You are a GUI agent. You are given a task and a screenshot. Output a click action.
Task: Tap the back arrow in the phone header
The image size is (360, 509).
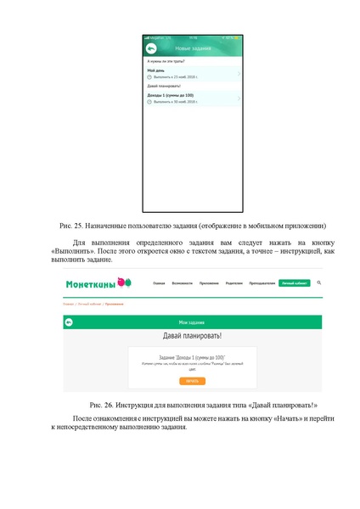coord(151,49)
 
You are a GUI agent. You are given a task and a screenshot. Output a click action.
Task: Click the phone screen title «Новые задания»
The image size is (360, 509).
coord(192,49)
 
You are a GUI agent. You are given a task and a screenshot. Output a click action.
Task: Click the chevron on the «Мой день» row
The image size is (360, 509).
coord(239,73)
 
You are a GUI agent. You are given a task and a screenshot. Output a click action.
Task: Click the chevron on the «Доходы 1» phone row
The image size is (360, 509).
coord(239,98)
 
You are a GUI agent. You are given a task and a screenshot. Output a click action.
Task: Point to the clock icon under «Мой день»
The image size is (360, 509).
coord(149,76)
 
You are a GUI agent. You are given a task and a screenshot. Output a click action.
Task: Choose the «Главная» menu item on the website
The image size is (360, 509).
coord(159,283)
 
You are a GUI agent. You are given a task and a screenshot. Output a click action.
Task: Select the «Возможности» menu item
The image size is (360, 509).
coord(182,283)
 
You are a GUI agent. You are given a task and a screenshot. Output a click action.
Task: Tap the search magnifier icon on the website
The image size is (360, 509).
coord(318,282)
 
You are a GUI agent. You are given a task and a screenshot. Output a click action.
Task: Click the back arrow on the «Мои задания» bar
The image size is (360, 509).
coord(69,322)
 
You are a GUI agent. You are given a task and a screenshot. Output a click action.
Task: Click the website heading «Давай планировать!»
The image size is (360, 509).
coord(192,338)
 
